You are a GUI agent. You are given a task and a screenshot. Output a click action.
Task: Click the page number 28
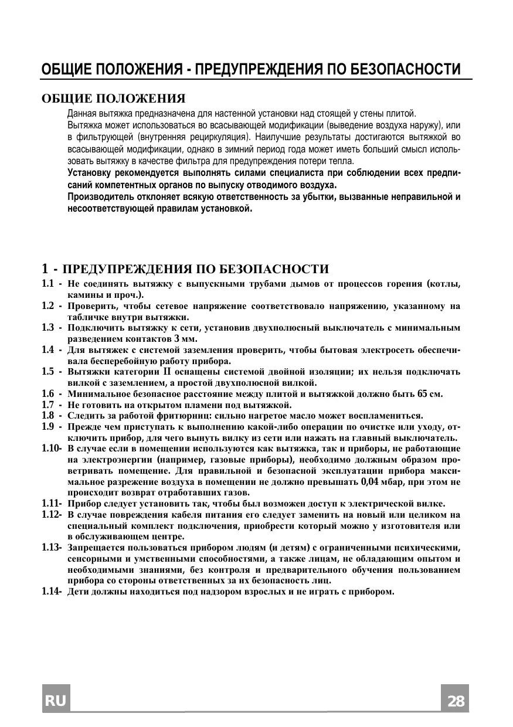pos(455,701)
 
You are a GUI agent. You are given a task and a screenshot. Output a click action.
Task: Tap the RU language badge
pos(56,701)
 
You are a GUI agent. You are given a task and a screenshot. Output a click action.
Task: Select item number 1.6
pos(49,394)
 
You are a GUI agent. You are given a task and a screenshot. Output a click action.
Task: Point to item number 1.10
pos(51,449)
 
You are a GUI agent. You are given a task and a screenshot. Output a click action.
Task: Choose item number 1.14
pos(51,591)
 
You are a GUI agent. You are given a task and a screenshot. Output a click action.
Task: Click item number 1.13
pos(51,548)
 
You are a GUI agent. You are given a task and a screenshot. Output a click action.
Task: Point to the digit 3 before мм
pos(176,339)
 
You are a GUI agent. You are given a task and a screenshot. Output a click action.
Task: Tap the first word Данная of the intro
pos(81,113)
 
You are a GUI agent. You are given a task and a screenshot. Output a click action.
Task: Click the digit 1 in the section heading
pos(45,269)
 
